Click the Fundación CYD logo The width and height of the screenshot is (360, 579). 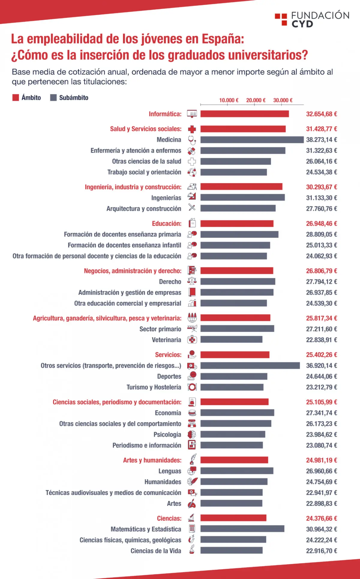point(312,19)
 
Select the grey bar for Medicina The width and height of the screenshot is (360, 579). point(252,140)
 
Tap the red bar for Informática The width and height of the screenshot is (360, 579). point(244,114)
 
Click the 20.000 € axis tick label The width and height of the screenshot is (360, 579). point(256,100)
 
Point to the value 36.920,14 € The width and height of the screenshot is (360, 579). point(322,366)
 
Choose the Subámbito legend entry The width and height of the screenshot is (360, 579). point(69,98)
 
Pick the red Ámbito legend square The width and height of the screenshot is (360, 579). point(16,98)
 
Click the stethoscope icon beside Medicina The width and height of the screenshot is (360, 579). point(192,140)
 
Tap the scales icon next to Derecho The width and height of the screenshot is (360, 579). point(192,281)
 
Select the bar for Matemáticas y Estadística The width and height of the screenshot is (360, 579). point(242,529)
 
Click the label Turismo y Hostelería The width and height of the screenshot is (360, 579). point(154,387)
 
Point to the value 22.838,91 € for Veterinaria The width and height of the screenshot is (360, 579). point(322,340)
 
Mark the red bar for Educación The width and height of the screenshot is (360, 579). point(237,224)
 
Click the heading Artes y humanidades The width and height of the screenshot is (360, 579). point(152,460)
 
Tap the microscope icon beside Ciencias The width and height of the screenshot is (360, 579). point(192,518)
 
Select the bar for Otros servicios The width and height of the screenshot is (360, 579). point(250,366)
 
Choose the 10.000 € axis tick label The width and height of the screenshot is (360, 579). point(229,100)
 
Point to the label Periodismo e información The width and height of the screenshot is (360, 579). point(147,445)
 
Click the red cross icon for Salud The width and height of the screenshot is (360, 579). point(192,129)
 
